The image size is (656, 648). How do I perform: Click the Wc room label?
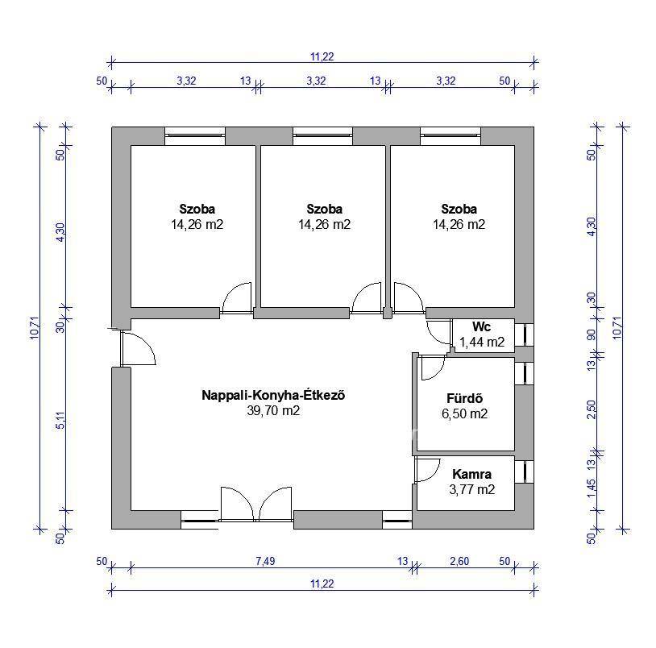point(482,326)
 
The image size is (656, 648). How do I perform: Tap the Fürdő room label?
point(464,398)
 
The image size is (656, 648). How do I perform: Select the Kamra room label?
point(471,474)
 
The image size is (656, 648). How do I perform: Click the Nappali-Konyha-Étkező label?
point(273,395)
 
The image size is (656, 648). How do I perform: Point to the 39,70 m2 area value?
point(273,410)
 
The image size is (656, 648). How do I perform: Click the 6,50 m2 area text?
point(464,413)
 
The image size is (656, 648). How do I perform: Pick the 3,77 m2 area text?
point(472,489)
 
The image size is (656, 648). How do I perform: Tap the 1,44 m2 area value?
point(482,343)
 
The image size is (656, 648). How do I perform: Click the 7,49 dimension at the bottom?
point(265,561)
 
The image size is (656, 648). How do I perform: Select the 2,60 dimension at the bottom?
point(459,561)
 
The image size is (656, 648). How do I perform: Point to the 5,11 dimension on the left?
point(61,421)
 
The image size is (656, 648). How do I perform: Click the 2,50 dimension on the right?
point(592,409)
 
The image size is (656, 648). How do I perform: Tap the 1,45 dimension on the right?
point(592,488)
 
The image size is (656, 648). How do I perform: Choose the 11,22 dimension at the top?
point(322,56)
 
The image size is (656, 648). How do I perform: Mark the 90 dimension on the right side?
point(592,335)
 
